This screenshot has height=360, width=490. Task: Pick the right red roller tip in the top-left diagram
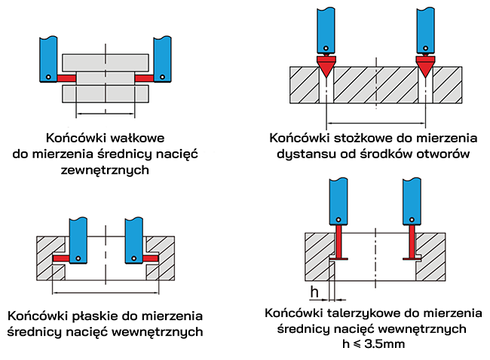pos(143,78)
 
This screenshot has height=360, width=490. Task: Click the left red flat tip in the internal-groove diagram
pos(61,258)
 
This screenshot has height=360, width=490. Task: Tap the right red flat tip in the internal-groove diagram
pos(150,258)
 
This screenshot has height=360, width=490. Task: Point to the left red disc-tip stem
pos(338,243)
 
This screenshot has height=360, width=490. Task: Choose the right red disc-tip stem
pos(412,243)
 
